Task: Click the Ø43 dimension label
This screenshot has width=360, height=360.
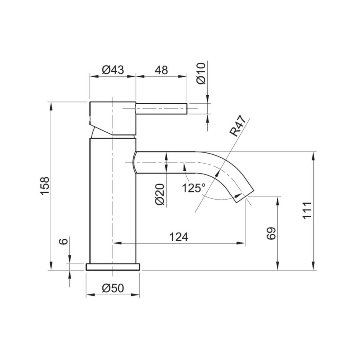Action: [112, 70]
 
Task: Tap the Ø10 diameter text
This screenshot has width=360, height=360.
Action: [201, 73]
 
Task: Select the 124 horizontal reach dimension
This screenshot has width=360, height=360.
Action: [179, 237]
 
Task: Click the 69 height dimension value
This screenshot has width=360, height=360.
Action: [271, 233]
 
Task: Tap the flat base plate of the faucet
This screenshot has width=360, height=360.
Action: [113, 267]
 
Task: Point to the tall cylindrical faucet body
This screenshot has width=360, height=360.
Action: [113, 200]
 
